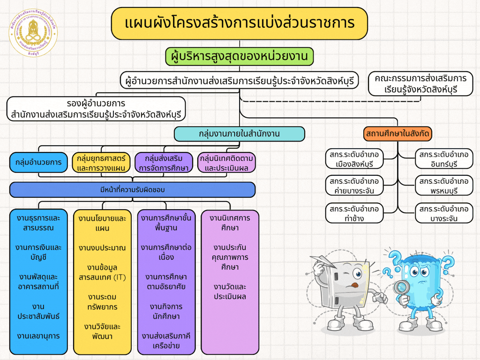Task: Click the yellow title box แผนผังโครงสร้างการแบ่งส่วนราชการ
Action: click(239, 23)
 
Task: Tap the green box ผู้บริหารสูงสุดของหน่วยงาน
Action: click(239, 57)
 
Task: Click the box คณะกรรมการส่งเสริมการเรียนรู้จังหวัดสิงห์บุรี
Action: click(420, 83)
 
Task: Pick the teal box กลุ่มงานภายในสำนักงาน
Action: click(239, 134)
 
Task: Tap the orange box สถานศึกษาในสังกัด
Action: click(397, 134)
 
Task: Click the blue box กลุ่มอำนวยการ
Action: click(38, 162)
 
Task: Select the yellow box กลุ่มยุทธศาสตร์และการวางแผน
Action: click(101, 163)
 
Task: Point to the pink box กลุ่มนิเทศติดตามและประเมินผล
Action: click(227, 163)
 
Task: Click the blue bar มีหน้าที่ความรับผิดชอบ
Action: click(132, 189)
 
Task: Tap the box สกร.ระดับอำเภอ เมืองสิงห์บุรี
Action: click(354, 159)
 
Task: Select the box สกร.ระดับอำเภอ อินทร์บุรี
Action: click(444, 159)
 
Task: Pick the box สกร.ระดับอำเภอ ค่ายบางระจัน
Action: click(354, 186)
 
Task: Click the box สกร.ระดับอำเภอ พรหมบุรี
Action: click(444, 186)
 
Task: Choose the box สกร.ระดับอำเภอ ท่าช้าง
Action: click(354, 213)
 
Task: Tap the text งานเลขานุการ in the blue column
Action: click(38, 336)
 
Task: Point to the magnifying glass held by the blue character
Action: click(401, 287)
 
